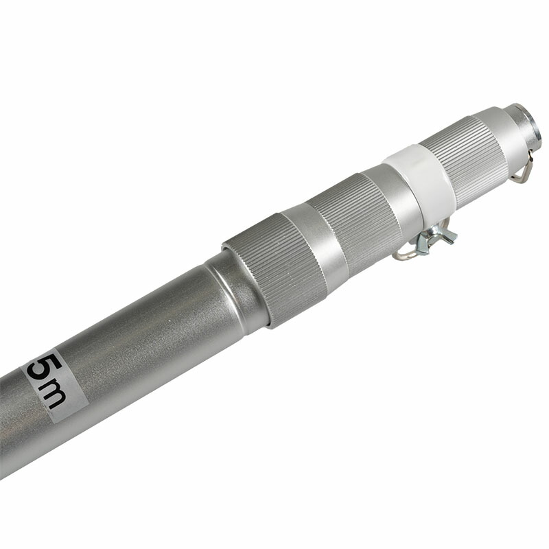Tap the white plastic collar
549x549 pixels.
(x=420, y=181)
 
